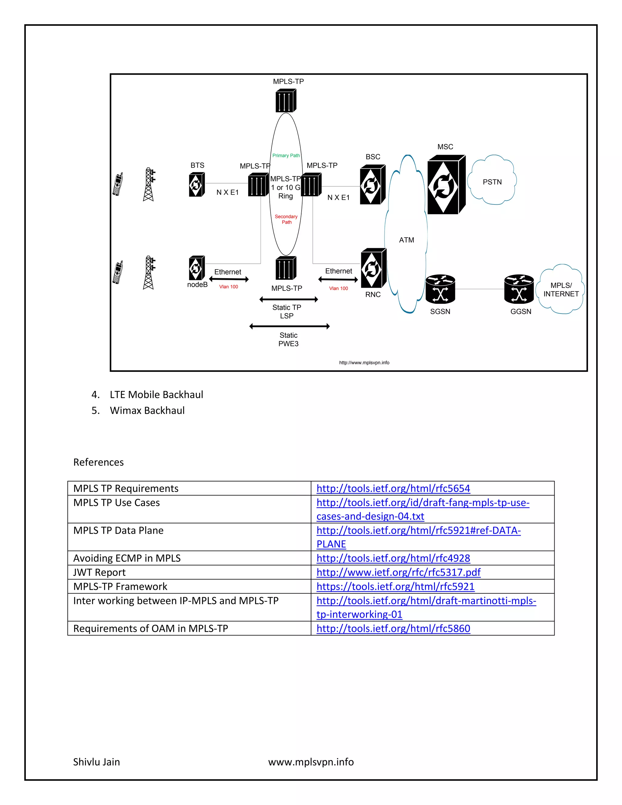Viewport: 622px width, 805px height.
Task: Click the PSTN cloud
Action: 492,181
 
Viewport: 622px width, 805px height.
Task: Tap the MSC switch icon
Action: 446,185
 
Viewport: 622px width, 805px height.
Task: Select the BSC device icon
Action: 372,185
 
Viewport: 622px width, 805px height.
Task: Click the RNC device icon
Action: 373,268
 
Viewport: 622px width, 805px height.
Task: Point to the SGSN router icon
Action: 440,289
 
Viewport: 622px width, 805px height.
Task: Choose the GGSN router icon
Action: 519,289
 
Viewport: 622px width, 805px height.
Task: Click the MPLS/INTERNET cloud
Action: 561,289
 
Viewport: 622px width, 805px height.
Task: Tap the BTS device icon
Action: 197,185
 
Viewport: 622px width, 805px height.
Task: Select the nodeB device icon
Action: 197,268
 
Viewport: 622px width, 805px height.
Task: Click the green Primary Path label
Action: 286,156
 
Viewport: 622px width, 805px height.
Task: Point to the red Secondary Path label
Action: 286,219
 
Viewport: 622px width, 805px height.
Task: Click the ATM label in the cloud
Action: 406,240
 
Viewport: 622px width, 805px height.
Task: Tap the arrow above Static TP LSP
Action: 289,299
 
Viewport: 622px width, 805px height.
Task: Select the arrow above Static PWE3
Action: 289,326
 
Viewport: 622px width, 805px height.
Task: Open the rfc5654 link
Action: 393,488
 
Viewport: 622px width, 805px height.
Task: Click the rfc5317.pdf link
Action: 398,572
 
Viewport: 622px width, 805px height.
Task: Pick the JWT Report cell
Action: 100,572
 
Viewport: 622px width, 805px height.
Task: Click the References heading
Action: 98,462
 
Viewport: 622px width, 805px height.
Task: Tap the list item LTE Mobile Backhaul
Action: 156,395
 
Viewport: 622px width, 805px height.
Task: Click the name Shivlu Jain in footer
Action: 97,762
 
